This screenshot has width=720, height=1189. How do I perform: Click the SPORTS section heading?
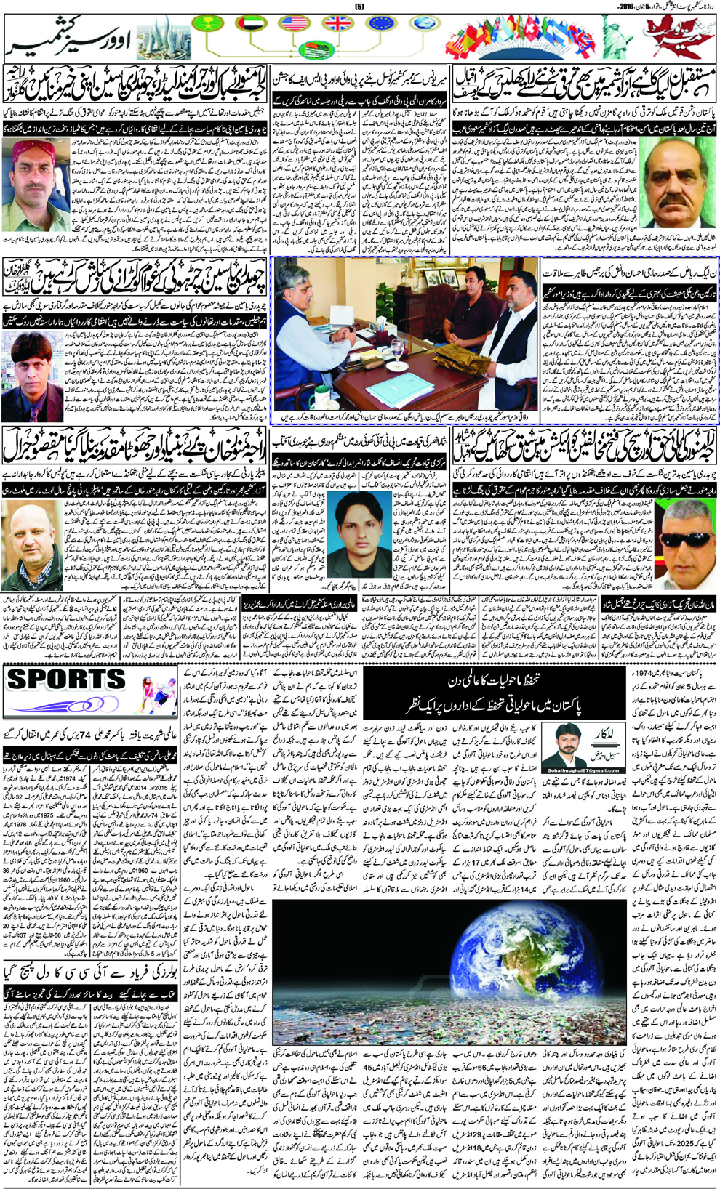[x=67, y=680]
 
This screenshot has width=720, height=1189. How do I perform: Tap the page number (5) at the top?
[x=359, y=7]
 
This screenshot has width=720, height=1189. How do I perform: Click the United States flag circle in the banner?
[x=293, y=23]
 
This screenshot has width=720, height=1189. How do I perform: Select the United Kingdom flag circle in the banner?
[x=337, y=23]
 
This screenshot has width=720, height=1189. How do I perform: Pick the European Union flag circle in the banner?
[x=381, y=23]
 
